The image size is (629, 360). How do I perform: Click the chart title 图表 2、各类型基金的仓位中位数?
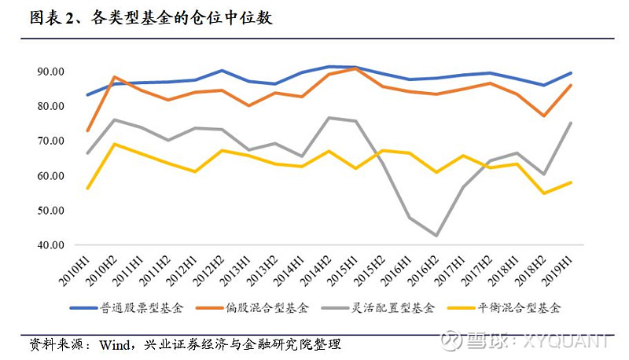(x=150, y=17)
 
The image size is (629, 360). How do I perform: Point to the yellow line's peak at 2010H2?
(x=115, y=144)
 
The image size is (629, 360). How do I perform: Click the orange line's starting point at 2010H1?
(x=87, y=130)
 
